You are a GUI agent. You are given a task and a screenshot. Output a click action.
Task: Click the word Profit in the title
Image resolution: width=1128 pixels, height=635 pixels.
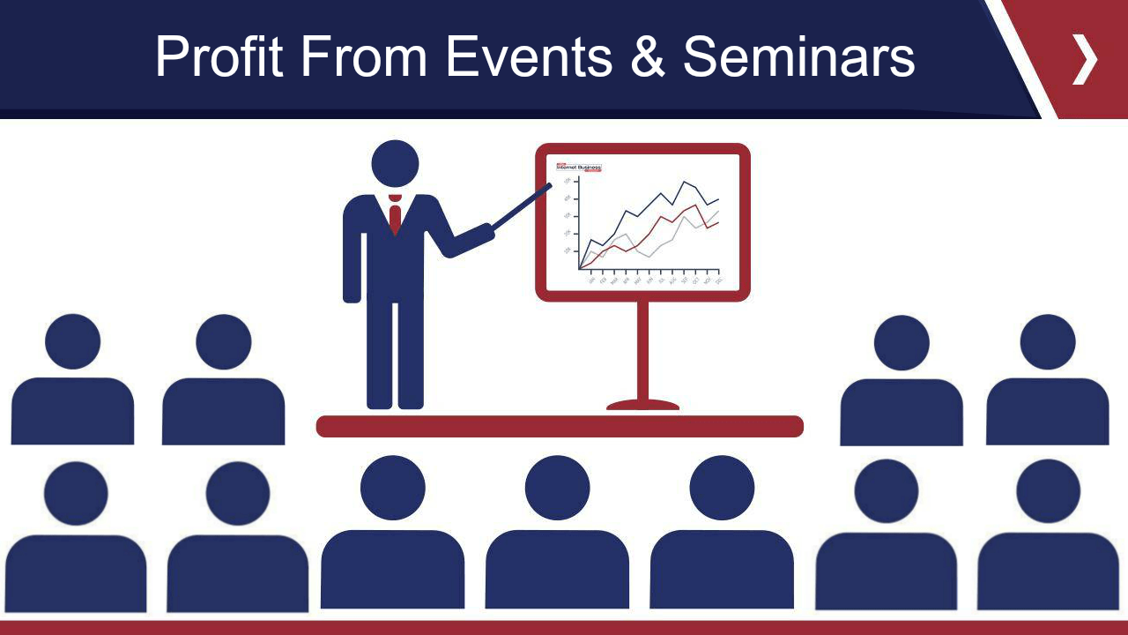219,57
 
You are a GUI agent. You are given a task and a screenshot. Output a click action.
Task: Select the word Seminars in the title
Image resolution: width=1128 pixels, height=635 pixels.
798,57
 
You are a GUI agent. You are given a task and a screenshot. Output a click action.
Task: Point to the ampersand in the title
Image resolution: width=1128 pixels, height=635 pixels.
648,57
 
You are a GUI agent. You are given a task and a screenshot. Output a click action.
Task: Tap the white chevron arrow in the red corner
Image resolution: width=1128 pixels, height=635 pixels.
1085,59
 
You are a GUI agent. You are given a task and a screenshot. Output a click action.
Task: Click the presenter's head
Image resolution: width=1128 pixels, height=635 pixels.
395,164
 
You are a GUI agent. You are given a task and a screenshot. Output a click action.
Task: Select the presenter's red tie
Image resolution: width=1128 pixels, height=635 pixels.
395,216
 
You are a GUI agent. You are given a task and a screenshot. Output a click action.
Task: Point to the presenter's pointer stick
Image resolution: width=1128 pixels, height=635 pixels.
522,207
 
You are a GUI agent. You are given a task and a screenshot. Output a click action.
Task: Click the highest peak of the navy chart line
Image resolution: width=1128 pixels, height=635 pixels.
683,182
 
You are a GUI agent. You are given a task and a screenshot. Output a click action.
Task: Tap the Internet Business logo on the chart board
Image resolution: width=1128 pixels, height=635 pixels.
579,167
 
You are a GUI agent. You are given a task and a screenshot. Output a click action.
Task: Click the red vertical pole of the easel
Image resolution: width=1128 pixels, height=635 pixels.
642,348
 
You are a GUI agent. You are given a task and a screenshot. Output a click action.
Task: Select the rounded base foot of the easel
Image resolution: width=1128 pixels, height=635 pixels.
642,405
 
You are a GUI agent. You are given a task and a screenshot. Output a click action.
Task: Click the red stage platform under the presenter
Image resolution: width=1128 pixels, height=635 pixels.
560,427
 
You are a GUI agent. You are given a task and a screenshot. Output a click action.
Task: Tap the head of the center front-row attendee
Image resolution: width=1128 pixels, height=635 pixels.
557,488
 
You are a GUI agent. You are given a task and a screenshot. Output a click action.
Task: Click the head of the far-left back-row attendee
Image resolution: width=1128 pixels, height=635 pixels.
72,342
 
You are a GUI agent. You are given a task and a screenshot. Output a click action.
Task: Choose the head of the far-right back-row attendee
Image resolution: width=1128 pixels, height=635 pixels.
1047,342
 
